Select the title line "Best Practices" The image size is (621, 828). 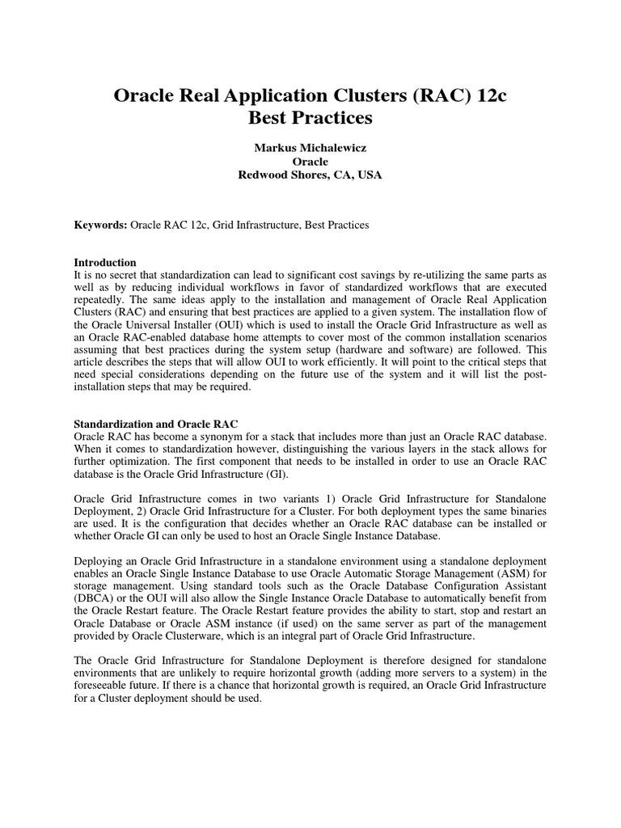click(x=310, y=118)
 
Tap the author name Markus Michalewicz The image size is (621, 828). click(x=310, y=149)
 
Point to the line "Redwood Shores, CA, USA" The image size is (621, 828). click(x=310, y=175)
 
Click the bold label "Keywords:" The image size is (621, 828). click(x=101, y=225)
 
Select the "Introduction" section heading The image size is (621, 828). click(x=105, y=263)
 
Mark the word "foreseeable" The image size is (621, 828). click(x=100, y=686)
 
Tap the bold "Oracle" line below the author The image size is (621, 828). click(x=310, y=162)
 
